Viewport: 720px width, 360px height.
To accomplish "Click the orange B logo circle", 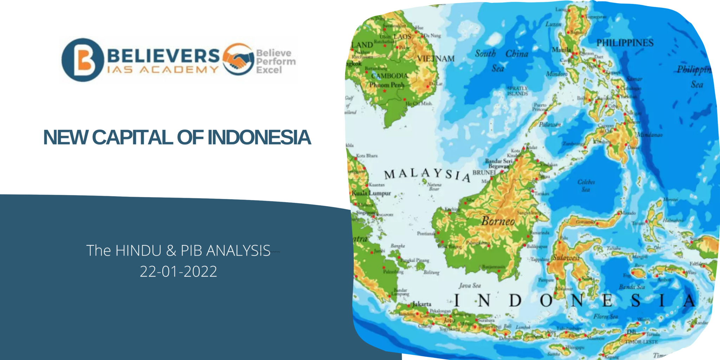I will click(x=83, y=60).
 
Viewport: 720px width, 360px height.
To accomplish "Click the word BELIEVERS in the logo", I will click(x=163, y=56).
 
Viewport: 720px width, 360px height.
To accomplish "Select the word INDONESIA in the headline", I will click(x=259, y=137).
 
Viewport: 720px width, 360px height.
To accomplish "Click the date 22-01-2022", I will click(x=178, y=271).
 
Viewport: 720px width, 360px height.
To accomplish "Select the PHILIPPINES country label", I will click(x=625, y=43).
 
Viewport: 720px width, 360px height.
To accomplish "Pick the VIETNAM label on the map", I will click(x=436, y=58).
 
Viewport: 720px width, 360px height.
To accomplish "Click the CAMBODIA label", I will click(x=390, y=76).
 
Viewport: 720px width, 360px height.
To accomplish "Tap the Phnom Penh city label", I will click(x=387, y=85).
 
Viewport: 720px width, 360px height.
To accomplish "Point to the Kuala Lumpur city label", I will click(x=371, y=193).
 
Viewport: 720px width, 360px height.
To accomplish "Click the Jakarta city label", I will click(x=422, y=304).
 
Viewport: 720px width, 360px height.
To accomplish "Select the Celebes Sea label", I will click(x=586, y=186).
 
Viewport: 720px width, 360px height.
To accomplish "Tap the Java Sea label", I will click(x=469, y=285).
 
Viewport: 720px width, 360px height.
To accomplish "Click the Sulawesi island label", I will click(x=566, y=258).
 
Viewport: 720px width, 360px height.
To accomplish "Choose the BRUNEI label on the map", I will click(x=484, y=172).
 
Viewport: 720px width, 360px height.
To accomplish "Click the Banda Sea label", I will click(x=632, y=287).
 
